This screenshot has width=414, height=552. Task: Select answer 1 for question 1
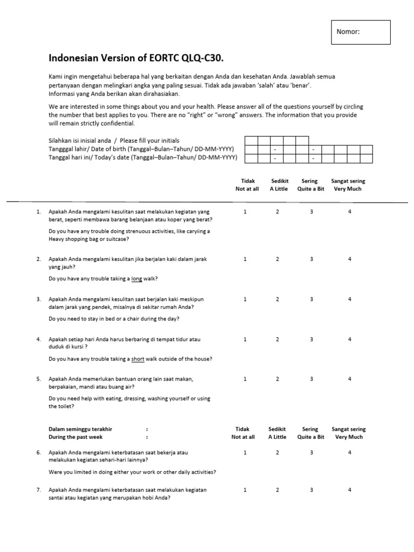coord(245,212)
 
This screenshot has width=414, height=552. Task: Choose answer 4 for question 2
coord(349,259)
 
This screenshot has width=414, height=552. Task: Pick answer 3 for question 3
coord(311,299)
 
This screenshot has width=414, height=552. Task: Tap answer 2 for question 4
coord(278,339)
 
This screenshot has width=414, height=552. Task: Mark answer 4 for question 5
coord(349,379)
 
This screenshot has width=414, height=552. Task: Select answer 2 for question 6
coord(278,452)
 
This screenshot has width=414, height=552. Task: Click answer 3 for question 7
coord(311,490)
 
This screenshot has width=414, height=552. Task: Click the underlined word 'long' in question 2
coord(137,279)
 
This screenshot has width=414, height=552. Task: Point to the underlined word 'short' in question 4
coord(139,359)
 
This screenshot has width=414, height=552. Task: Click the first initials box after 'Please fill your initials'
coord(251,141)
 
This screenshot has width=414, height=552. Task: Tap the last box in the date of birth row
coord(365,149)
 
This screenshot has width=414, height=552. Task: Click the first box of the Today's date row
coord(251,158)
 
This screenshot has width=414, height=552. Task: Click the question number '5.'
coord(39,379)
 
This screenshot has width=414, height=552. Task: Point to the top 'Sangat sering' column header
coord(348,181)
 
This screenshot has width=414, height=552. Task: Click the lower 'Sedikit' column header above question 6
coord(277,429)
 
